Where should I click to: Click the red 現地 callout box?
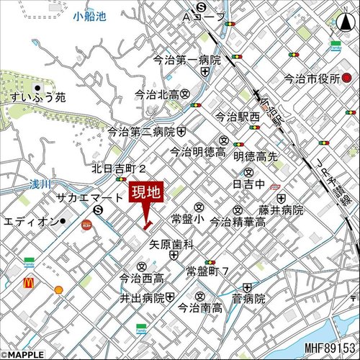click(147, 193)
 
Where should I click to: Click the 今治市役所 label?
click(312, 78)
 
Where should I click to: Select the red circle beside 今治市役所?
click(346, 78)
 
